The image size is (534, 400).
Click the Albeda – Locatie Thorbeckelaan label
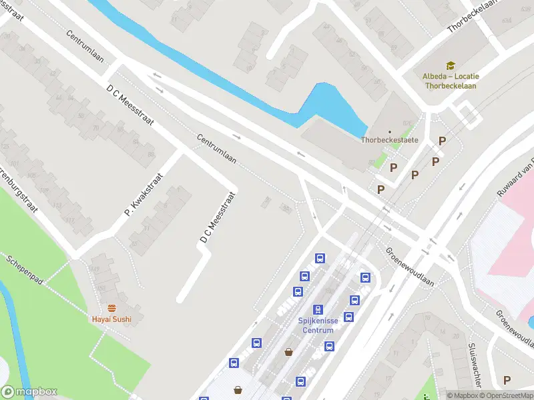point(451,81)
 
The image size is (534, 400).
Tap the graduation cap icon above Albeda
point(451,66)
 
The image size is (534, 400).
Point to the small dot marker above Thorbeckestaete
point(390,131)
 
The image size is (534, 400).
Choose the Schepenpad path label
point(25,270)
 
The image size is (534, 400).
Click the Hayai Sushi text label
point(111,319)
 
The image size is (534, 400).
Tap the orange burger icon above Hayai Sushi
point(111,308)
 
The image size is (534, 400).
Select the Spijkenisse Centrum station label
point(318,325)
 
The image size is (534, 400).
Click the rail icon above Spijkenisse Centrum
point(318,310)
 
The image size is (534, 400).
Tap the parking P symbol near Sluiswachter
point(507,380)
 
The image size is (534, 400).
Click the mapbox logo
point(29,392)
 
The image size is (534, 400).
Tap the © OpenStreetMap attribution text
point(509,395)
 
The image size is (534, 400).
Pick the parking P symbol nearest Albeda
point(441,141)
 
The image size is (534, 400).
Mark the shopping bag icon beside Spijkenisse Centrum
point(289,352)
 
